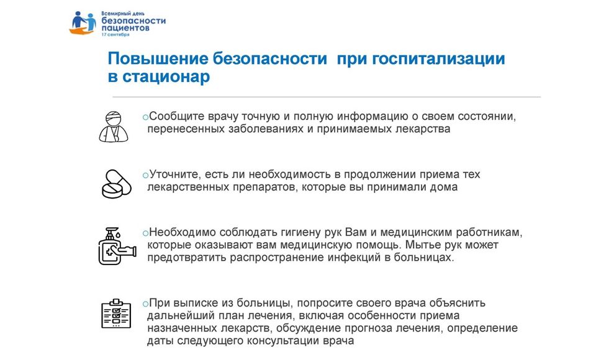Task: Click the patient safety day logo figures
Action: coord(83,23)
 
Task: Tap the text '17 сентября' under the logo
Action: coord(115,35)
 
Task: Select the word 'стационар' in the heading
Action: coord(166,76)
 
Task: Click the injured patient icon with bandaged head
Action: coord(113,127)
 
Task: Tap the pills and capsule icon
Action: coord(116,184)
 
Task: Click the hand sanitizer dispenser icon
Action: coord(117,246)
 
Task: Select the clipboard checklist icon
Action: coord(116,313)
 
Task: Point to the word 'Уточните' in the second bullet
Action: coord(175,174)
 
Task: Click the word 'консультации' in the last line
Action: coord(283,341)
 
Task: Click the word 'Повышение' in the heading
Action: coord(158,59)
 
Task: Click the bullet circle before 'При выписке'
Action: coord(145,304)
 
